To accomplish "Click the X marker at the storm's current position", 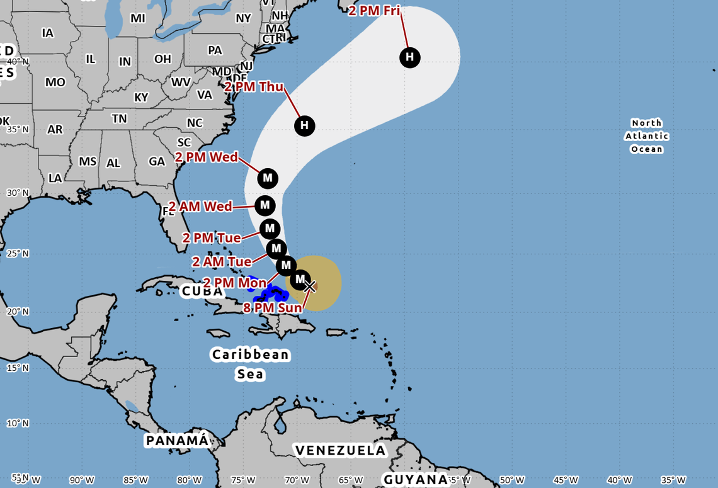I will click(309, 287).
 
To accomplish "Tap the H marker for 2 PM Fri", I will click(410, 58).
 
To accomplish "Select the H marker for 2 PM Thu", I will click(305, 125).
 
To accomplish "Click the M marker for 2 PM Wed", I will click(268, 178).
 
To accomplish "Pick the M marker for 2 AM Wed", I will click(265, 205).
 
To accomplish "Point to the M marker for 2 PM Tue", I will click(270, 229).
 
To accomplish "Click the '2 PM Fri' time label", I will click(374, 11).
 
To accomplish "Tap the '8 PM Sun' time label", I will click(273, 309).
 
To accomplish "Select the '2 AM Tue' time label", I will click(222, 261).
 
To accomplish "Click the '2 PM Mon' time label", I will click(234, 283).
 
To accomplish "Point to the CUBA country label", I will click(202, 292).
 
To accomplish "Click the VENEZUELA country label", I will click(339, 450).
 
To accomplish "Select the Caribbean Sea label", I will click(250, 364).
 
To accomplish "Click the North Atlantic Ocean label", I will click(647, 136).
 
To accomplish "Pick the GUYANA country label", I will click(415, 480).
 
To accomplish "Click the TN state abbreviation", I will click(119, 118).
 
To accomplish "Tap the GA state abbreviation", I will click(157, 162).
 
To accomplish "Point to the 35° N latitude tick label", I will click(17, 129).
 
